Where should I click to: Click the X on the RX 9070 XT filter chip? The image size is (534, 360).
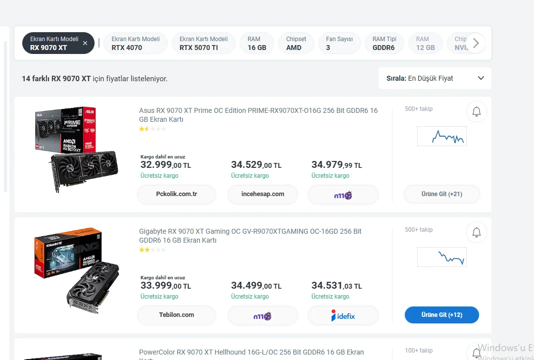[x=85, y=43]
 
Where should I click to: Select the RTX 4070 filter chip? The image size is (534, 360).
[x=135, y=43]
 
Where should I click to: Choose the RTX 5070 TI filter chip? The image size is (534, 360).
[x=203, y=43]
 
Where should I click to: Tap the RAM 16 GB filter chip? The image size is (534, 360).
[x=257, y=43]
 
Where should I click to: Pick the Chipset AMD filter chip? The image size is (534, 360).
[x=296, y=43]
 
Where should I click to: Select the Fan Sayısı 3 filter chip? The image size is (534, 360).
[x=339, y=43]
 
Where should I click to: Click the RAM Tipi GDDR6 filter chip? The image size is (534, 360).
[x=385, y=43]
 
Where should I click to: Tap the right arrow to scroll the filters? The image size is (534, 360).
[x=476, y=43]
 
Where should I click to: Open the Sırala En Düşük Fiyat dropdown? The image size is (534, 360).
[x=435, y=78]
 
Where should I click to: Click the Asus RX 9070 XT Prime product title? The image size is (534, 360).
[x=258, y=115]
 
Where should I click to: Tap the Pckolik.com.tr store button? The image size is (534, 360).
[x=177, y=194]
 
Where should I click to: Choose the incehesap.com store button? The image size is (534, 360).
[x=263, y=194]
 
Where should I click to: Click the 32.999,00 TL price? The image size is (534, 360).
[x=165, y=165]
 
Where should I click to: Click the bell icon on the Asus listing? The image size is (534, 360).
[x=477, y=112]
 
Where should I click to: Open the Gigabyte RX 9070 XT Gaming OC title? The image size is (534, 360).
[x=250, y=236]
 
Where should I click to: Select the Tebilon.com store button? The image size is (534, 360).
[x=177, y=315]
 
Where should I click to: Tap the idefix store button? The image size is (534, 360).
[x=343, y=315]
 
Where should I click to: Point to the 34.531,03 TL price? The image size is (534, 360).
[x=337, y=286]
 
